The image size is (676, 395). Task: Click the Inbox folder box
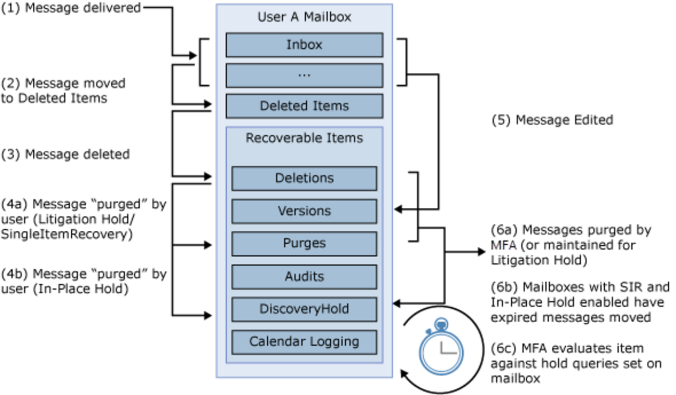tap(304, 45)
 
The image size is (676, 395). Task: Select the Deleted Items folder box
tap(304, 106)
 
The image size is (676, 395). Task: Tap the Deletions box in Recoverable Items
tap(304, 178)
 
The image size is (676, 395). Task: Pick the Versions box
tap(304, 211)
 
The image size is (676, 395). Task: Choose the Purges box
tap(304, 244)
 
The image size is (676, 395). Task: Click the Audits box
tap(304, 276)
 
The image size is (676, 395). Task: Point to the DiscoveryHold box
tap(304, 309)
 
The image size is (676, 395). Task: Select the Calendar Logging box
tap(304, 342)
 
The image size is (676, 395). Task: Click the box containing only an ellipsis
tap(304, 75)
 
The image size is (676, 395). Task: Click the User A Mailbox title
tap(304, 17)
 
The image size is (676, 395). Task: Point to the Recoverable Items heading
tap(304, 138)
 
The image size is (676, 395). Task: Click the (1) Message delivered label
tap(71, 8)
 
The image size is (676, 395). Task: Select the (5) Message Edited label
tap(552, 120)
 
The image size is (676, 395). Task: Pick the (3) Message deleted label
tap(65, 154)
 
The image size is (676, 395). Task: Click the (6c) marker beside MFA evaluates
tap(503, 348)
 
